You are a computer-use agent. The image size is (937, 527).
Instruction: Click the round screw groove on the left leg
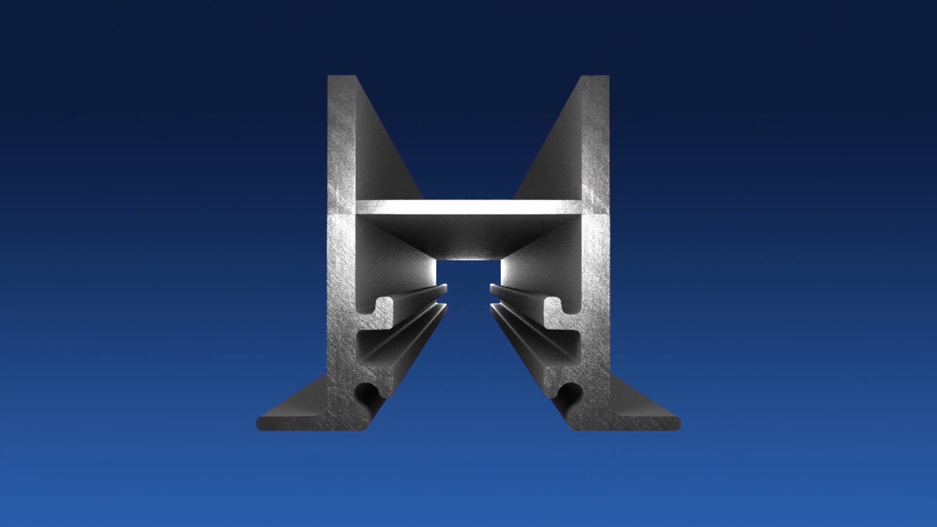coord(367,393)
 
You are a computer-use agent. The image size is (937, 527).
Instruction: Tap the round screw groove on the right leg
coord(570,393)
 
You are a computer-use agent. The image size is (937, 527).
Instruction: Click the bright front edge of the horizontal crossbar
coord(468,207)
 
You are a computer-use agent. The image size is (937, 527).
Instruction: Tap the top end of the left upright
coord(342,78)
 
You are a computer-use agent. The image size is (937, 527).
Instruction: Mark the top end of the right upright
coord(594,78)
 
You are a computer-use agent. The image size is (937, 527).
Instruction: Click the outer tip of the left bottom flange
coord(262,423)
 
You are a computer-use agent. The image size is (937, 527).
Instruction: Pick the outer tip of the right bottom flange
coord(674,423)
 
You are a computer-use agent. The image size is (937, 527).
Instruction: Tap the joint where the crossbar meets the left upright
coord(356,208)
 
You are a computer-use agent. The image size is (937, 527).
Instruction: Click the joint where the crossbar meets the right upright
coord(582,208)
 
